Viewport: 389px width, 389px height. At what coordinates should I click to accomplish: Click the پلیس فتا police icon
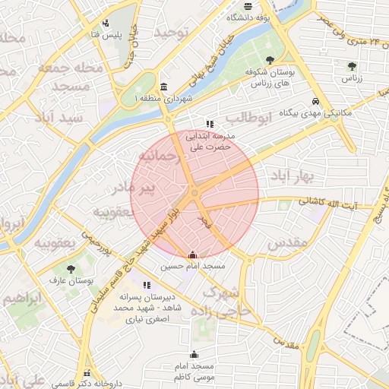pyautogui.click(x=105, y=22)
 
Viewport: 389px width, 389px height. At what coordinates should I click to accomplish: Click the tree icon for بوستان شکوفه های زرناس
pyautogui.click(x=270, y=59)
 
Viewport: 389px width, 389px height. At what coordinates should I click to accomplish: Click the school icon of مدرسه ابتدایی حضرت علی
pyautogui.click(x=210, y=123)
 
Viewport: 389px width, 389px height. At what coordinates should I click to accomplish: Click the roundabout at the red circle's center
pyautogui.click(x=194, y=194)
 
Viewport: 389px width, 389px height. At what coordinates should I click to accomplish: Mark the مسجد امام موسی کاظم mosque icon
pyautogui.click(x=194, y=354)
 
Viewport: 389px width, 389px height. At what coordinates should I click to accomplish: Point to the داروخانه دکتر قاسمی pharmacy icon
pyautogui.click(x=88, y=374)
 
